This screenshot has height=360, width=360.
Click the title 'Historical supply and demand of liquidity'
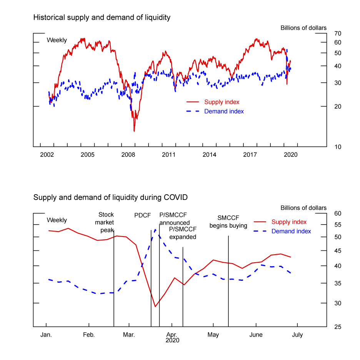tap(102, 17)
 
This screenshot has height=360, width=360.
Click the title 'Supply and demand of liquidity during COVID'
tap(110, 198)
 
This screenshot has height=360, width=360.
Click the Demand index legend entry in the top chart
tap(224, 111)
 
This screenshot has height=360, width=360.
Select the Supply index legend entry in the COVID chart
tap(289, 222)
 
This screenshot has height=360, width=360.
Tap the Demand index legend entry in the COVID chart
tap(291, 231)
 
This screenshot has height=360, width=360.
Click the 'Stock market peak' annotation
tap(106, 222)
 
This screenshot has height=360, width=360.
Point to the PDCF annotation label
tap(143, 215)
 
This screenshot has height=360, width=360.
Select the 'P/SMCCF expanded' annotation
tap(183, 233)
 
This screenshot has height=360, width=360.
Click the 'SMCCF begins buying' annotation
tap(228, 222)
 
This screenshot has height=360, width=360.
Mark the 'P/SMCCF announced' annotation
tap(174, 219)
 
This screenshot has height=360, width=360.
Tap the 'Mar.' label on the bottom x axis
tap(129, 335)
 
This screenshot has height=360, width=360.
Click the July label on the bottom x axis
tap(297, 335)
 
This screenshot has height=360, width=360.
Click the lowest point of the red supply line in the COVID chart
tap(155, 307)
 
